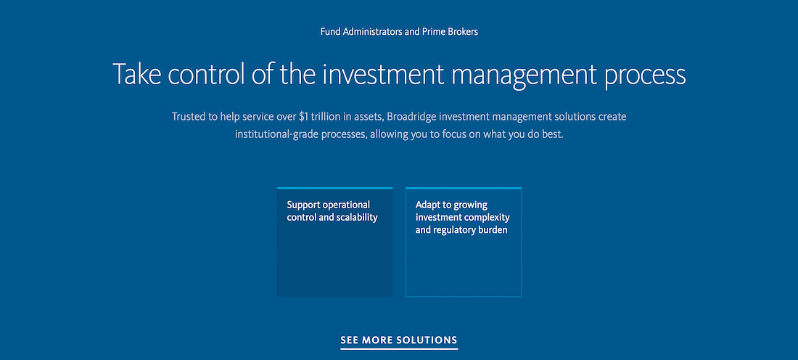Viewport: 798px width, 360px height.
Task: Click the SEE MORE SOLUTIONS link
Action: coord(399,340)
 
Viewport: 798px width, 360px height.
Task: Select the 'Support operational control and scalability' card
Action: coord(335,242)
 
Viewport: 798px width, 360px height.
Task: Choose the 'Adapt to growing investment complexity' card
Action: coord(464,242)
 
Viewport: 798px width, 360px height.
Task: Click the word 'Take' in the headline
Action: coord(136,74)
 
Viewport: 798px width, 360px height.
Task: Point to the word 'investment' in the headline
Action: coord(383,74)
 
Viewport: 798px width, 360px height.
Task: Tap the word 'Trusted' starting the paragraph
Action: coord(188,117)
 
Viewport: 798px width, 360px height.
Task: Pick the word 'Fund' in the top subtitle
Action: coord(330,31)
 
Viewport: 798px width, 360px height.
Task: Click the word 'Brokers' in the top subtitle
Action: coord(463,31)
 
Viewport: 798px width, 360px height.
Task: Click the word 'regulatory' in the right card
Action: coord(453,230)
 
